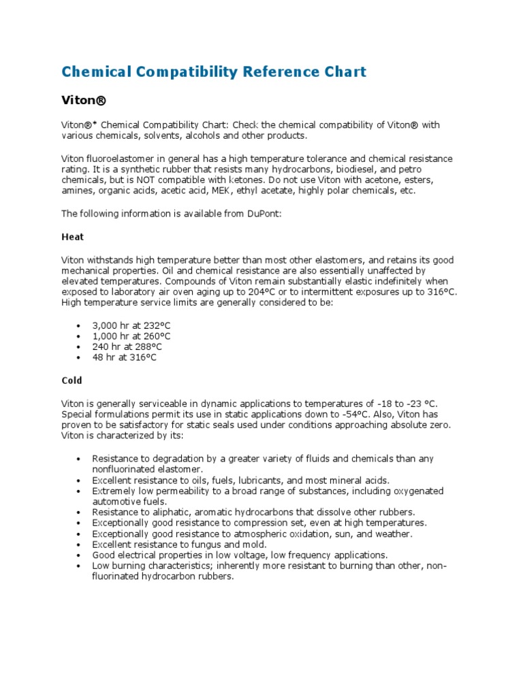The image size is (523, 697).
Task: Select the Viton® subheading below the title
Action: coord(84,101)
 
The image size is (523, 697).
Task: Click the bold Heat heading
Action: coord(73,237)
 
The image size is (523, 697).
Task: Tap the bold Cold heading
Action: coord(72,380)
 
